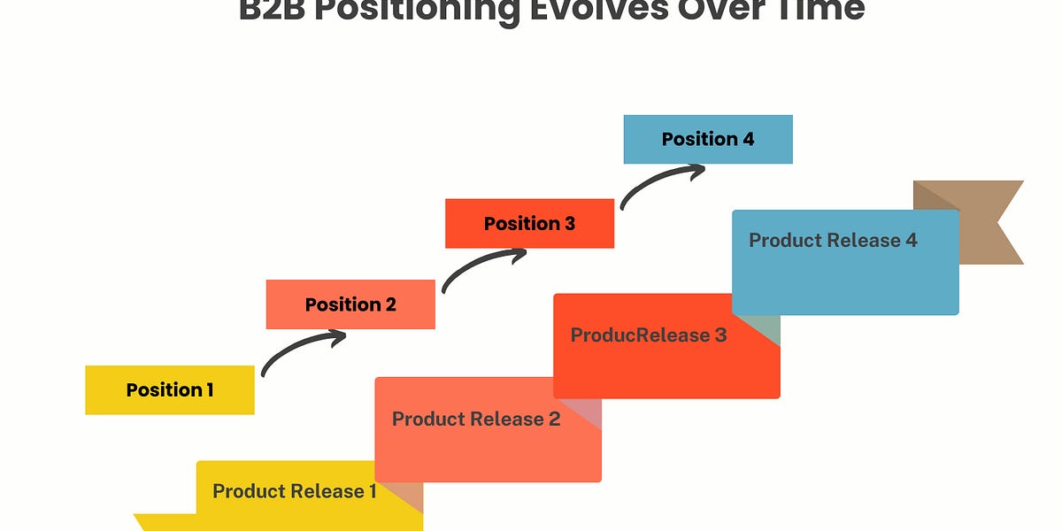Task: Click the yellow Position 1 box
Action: (169, 389)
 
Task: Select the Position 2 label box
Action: (350, 304)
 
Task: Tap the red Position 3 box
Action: (529, 223)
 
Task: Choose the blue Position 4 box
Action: (708, 139)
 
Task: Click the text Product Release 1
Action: (294, 491)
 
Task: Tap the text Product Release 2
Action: (476, 419)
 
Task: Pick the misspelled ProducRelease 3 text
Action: (649, 335)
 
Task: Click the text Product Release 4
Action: (833, 240)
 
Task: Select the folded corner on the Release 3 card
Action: (762, 329)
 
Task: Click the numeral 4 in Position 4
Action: (748, 139)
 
